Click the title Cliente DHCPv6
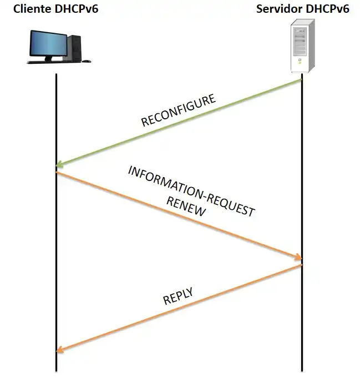55,9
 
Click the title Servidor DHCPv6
302,9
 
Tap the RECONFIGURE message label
178,111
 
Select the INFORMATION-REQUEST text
191,190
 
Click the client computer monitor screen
49,43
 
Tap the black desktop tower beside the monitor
75,47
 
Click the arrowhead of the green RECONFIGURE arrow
59,165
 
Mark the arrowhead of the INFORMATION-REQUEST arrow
298,258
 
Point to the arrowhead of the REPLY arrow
59,350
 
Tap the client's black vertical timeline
57,250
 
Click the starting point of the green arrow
301,80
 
